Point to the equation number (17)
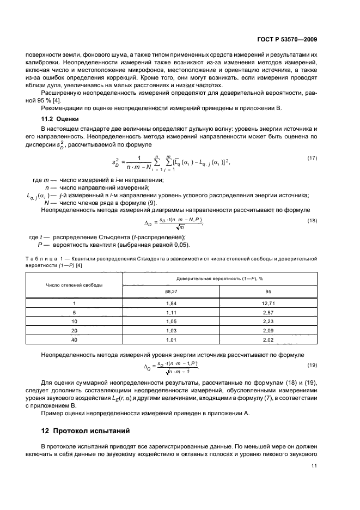(x=312, y=158)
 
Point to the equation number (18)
(x=312, y=220)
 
